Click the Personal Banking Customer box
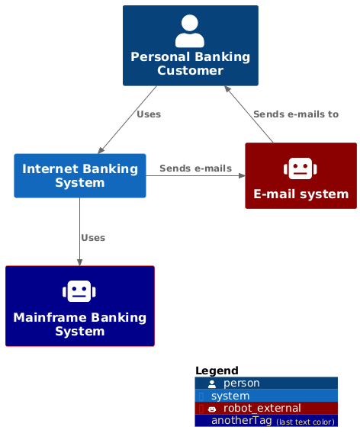tap(191, 46)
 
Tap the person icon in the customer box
tap(189, 31)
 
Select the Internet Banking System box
tap(80, 176)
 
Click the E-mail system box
tap(301, 176)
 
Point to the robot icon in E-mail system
tap(301, 168)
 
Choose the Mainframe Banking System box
tap(80, 306)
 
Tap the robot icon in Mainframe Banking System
tap(79, 291)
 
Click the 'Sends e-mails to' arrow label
tap(296, 114)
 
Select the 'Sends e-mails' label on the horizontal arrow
tap(195, 168)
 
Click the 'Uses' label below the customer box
tap(149, 114)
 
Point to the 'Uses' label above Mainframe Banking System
tap(93, 238)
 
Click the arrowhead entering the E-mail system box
tap(243, 176)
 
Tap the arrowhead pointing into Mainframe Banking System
tap(79, 262)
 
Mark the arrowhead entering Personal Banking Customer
tap(227, 88)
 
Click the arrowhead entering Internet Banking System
tap(101, 150)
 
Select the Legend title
tap(217, 371)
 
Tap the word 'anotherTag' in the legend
tap(242, 420)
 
